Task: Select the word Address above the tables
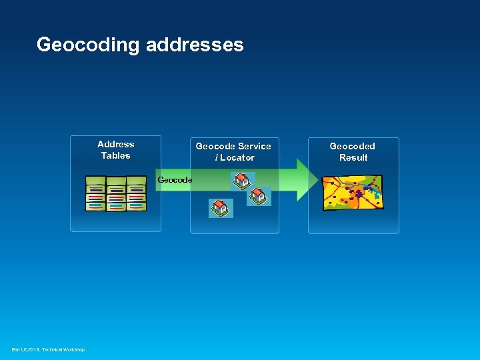click(x=115, y=144)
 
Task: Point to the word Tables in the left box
click(x=115, y=155)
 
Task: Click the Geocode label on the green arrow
click(x=175, y=180)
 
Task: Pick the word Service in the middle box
click(x=254, y=146)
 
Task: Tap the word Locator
click(x=237, y=157)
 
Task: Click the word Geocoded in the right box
click(x=352, y=146)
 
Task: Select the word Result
click(x=353, y=157)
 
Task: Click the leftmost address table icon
click(x=96, y=194)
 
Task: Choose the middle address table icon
click(x=116, y=195)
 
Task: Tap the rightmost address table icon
click(x=136, y=194)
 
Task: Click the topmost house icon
click(x=241, y=181)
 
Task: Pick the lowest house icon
click(x=220, y=208)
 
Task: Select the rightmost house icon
click(x=258, y=196)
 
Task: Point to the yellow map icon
click(x=352, y=193)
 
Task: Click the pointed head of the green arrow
click(x=307, y=179)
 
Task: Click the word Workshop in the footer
click(x=74, y=350)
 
